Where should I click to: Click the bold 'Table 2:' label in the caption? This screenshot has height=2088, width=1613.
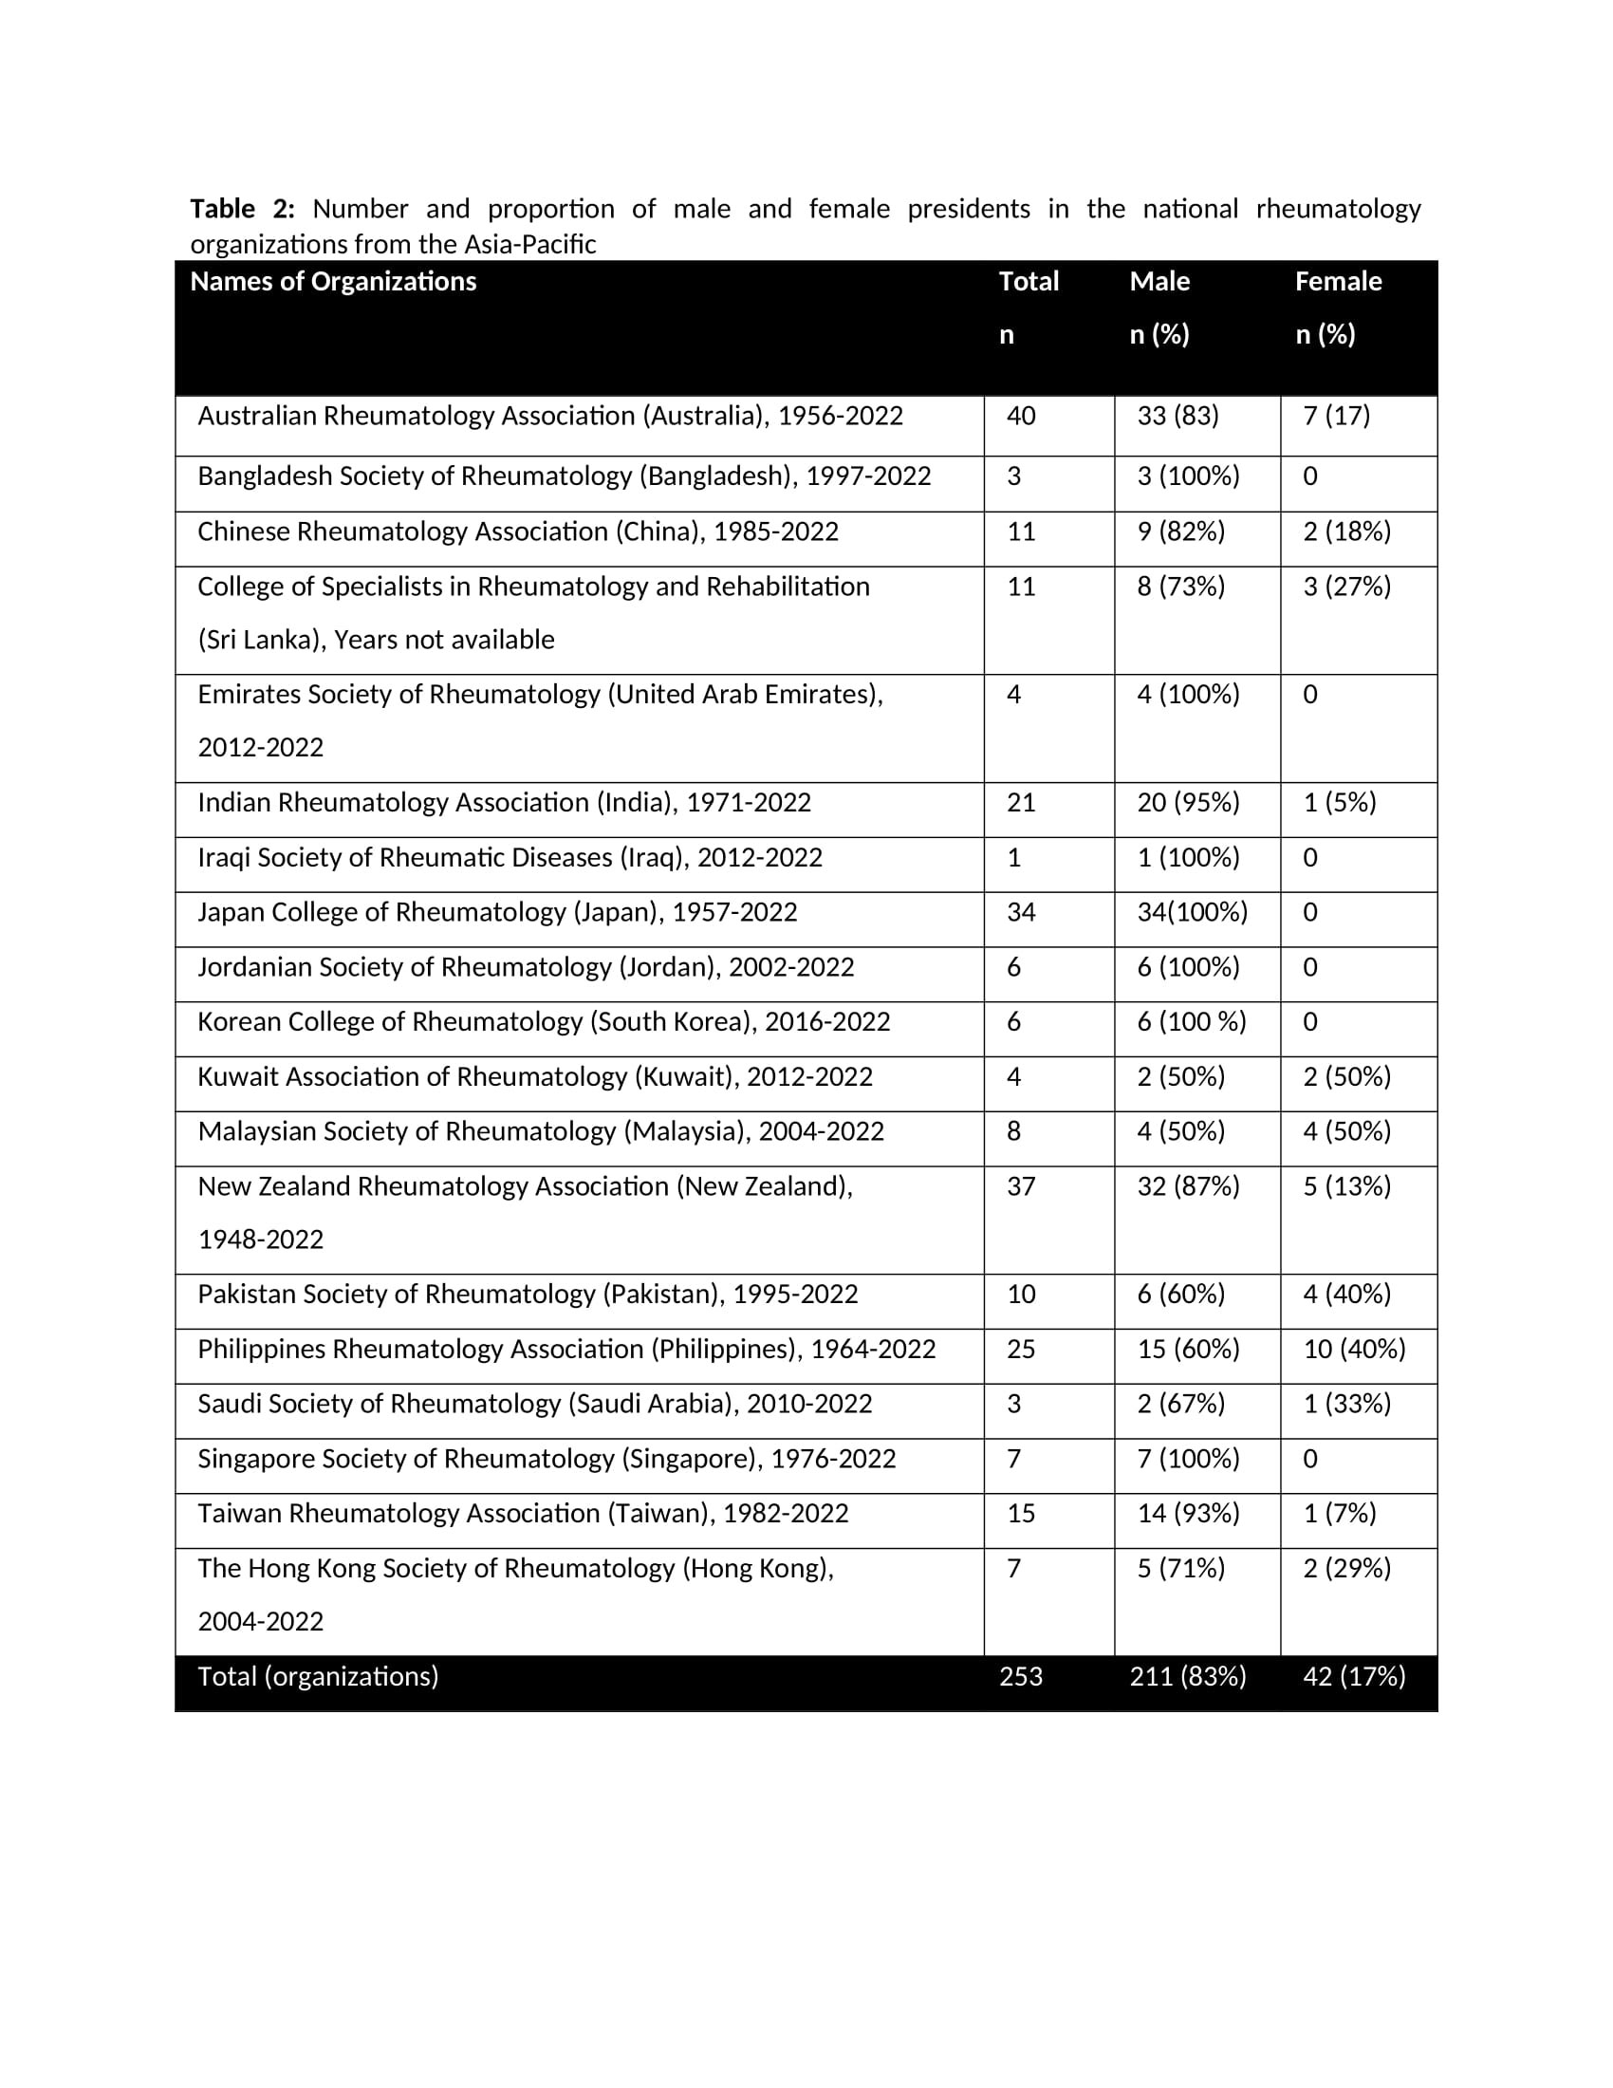click(x=242, y=209)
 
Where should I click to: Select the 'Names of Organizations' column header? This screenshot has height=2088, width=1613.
click(x=332, y=281)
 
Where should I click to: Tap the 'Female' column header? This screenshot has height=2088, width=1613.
click(x=1338, y=281)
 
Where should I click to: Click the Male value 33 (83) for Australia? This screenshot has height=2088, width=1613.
click(x=1177, y=416)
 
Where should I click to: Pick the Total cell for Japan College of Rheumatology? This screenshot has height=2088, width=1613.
click(x=1021, y=912)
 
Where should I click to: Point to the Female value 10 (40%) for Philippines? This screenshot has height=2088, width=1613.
click(x=1354, y=1349)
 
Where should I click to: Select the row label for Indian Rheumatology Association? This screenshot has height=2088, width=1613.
click(x=504, y=802)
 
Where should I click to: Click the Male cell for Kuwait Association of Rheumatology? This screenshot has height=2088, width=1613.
click(x=1180, y=1076)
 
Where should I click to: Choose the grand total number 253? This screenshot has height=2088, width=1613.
click(x=1021, y=1676)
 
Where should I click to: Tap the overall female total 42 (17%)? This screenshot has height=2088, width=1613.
click(x=1354, y=1676)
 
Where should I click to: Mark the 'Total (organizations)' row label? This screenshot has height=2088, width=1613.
click(x=317, y=1676)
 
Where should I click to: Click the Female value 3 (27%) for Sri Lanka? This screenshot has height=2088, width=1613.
click(x=1346, y=586)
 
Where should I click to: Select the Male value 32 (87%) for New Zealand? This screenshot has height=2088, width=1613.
click(x=1188, y=1186)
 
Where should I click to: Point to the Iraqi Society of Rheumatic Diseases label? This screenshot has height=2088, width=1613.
click(x=510, y=858)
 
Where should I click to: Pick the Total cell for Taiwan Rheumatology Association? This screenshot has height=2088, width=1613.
click(x=1021, y=1514)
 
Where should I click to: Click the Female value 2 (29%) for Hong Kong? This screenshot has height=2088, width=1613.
click(x=1346, y=1568)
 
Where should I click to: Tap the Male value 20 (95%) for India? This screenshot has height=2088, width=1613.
click(x=1188, y=802)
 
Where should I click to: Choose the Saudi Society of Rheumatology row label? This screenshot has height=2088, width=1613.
click(x=534, y=1404)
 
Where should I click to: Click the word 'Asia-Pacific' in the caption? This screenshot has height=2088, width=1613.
click(x=529, y=245)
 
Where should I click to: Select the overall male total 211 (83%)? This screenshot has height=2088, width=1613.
click(x=1188, y=1676)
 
